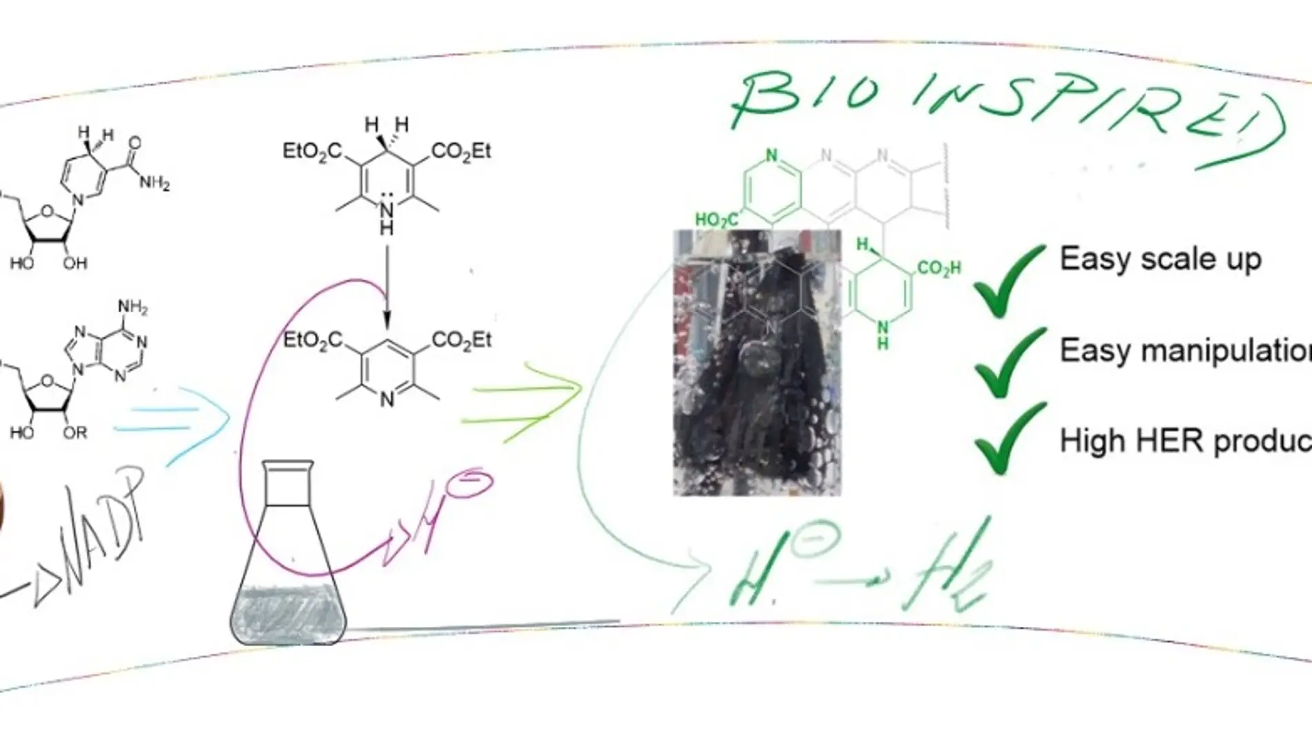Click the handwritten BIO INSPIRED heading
pyautogui.click(x=1001, y=110)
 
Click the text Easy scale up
pyautogui.click(x=1160, y=260)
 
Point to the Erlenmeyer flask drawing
pyautogui.click(x=288, y=559)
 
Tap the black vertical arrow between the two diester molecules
pyautogui.click(x=387, y=287)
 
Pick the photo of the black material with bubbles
pyautogui.click(x=757, y=362)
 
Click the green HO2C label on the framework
pyautogui.click(x=715, y=220)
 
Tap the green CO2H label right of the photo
pyautogui.click(x=938, y=268)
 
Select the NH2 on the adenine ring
pyautogui.click(x=133, y=307)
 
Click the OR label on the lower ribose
pyautogui.click(x=75, y=433)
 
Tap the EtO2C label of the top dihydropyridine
pyautogui.click(x=312, y=151)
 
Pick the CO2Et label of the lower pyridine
pyautogui.click(x=461, y=340)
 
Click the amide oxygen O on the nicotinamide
pyautogui.click(x=134, y=143)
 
